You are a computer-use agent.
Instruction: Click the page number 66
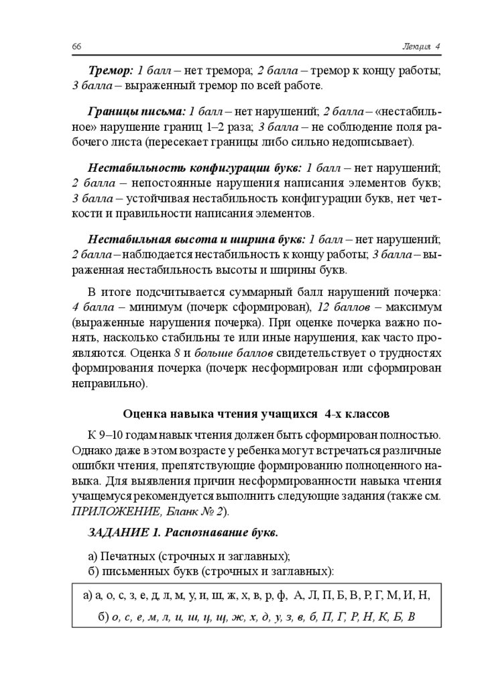click(76, 46)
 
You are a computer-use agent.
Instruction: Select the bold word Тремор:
click(111, 70)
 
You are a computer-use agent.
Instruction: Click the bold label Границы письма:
click(136, 111)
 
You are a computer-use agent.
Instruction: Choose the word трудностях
click(411, 353)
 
